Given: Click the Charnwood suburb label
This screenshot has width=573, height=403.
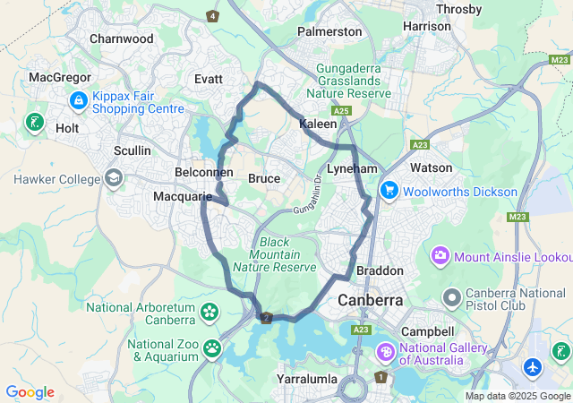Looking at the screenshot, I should coord(122,39).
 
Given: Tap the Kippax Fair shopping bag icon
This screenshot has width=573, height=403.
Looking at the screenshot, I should coord(78,99).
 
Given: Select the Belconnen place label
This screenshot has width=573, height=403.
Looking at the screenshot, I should coord(203,172).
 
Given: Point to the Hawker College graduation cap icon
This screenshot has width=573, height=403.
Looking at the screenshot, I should coord(114,179).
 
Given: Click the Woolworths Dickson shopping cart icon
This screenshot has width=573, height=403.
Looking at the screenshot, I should coord(389,191).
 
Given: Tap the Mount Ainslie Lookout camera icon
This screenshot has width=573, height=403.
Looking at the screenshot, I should coord(440,257).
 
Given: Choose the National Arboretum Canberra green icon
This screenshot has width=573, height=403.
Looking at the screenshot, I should coord(210,312).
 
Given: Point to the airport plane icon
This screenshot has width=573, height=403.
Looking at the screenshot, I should coord(535,367).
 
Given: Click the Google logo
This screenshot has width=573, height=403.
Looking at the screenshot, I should coord(30,392).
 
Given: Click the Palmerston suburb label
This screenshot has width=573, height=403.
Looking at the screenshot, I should coord(329,31).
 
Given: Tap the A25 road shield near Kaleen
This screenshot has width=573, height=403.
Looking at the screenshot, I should coord(346,111).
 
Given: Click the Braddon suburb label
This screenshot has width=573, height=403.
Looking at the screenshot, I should coord(380,270).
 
